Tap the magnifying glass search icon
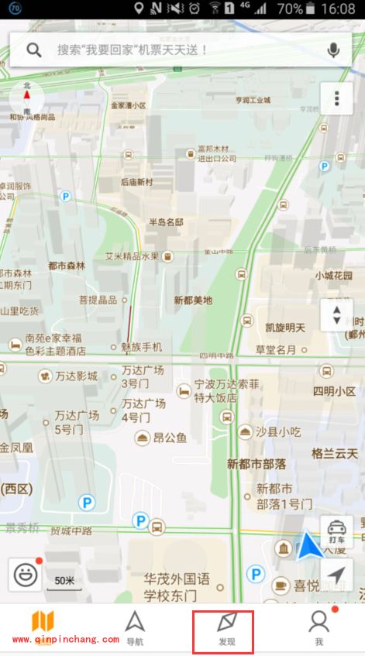click(x=34, y=50)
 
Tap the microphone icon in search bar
click(x=333, y=50)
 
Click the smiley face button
click(x=26, y=574)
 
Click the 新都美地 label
click(x=193, y=300)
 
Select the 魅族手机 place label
click(x=142, y=346)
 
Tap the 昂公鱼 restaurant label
click(x=169, y=438)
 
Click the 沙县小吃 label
click(x=279, y=431)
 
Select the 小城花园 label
click(x=333, y=275)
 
